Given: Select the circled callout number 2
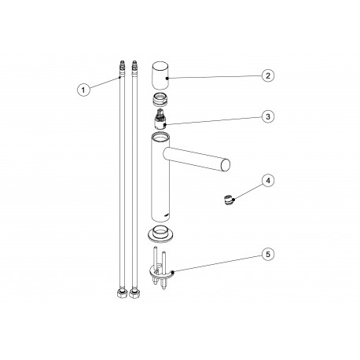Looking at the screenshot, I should tap(268, 75).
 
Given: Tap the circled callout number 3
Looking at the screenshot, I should tap(268, 116).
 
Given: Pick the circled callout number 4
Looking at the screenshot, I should tap(268, 181).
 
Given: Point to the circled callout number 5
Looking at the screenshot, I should tap(268, 255).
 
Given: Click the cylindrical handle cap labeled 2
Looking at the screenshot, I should tap(162, 75).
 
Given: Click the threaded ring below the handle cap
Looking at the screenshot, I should tap(161, 100).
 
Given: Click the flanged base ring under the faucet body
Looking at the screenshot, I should tap(162, 233).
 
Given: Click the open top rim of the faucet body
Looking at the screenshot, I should tap(163, 138).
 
